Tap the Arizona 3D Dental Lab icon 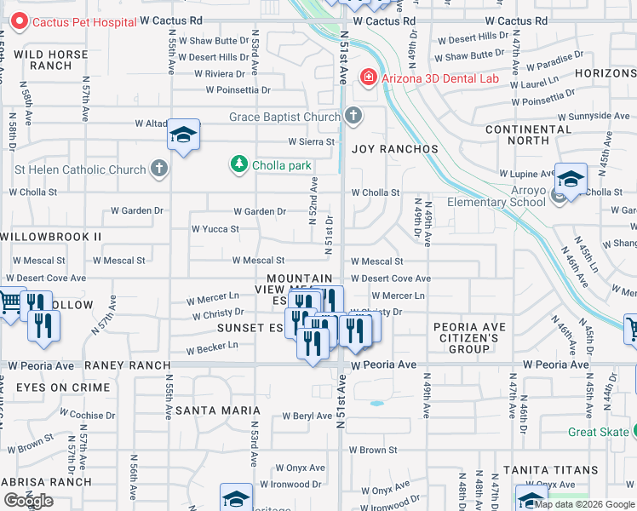368,78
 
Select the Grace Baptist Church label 284,117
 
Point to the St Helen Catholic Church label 80,169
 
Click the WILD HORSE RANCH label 50,60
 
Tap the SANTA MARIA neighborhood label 211,411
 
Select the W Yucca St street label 215,229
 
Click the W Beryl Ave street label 307,416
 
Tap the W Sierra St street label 311,142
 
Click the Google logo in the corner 28,501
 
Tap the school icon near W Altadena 183,135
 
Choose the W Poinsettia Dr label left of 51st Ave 238,89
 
